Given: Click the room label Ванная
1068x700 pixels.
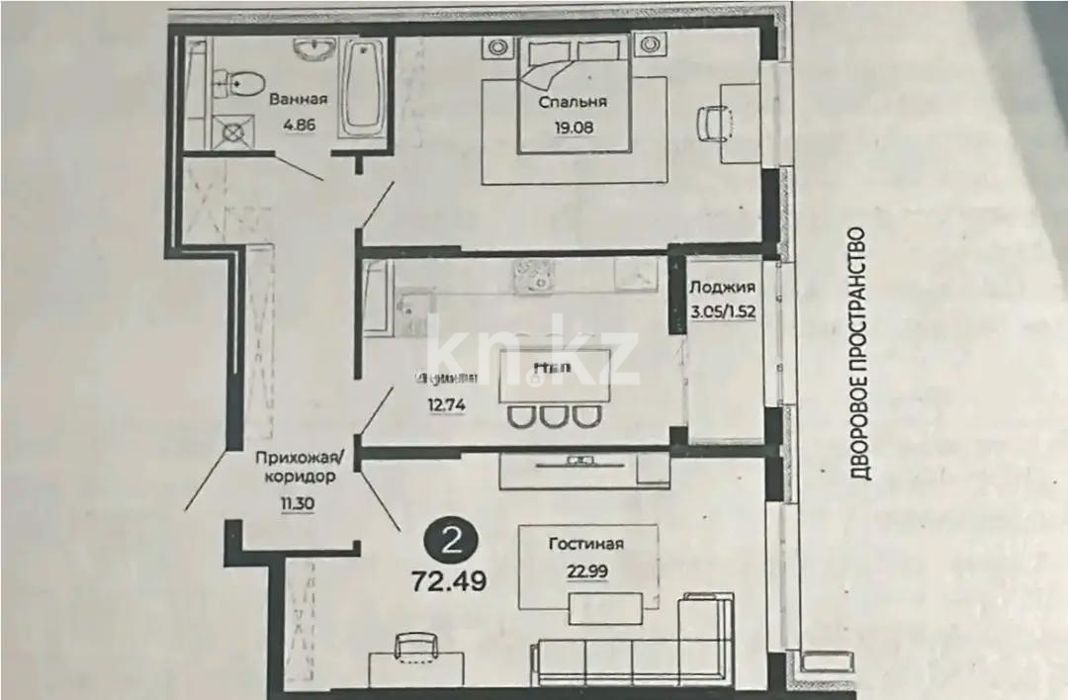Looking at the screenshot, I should [x=298, y=99].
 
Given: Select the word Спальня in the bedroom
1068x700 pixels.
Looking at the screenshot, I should [x=573, y=102].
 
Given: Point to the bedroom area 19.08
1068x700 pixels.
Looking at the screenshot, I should [x=573, y=126].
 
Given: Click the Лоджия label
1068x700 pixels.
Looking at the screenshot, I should [x=723, y=288].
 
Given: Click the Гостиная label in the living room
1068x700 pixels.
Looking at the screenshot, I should [x=587, y=543].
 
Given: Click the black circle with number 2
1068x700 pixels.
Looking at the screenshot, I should [x=453, y=540].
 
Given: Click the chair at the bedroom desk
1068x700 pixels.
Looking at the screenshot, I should [x=713, y=124].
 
